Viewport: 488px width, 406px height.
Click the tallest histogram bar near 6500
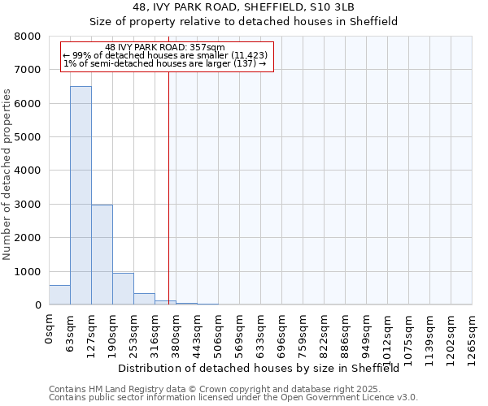click(x=81, y=195)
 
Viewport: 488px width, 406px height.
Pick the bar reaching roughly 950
click(x=123, y=289)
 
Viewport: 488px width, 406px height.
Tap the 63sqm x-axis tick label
click(x=71, y=330)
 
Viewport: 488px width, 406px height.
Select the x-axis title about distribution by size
click(x=258, y=368)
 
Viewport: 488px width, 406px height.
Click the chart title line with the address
click(x=243, y=7)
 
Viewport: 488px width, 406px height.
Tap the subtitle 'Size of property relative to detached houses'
click(x=243, y=22)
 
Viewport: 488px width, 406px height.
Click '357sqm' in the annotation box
click(x=198, y=48)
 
